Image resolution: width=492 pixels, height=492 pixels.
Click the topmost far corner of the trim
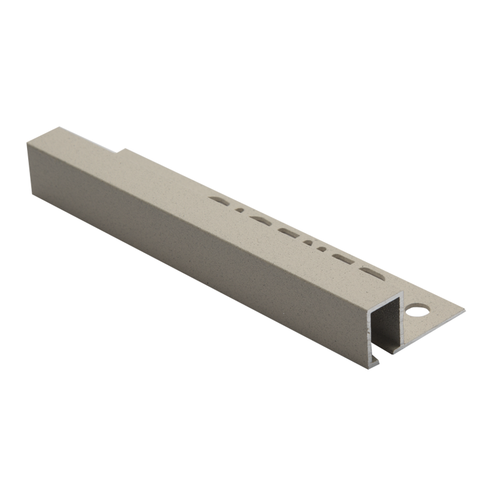pyautogui.click(x=60, y=128)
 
